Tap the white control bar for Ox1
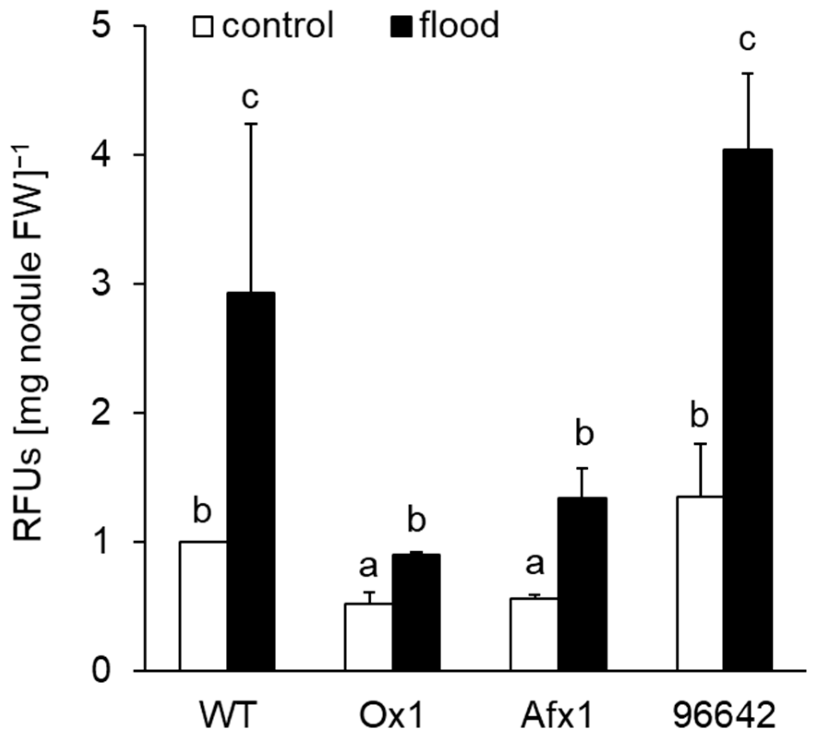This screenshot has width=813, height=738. (x=368, y=637)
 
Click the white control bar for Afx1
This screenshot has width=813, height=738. (x=534, y=634)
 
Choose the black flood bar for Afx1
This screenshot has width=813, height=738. (x=582, y=583)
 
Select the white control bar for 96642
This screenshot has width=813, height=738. (x=700, y=583)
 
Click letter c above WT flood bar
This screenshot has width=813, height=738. (x=250, y=98)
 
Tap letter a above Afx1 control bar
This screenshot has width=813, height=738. (x=535, y=564)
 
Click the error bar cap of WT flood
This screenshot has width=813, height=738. (x=251, y=124)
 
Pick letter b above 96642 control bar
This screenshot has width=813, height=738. (x=699, y=417)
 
